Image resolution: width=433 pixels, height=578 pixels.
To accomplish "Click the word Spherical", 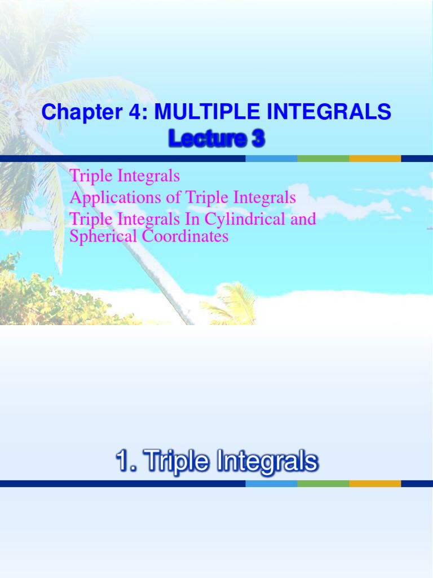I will pos(96,237).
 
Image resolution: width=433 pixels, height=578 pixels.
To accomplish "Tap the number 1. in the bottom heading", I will pos(125,462).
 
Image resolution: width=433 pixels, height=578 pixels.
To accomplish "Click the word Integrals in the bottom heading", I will pos(266,462).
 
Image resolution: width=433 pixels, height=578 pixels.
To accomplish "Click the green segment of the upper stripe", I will pos(323,159).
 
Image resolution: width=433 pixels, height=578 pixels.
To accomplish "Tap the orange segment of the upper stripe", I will pos(375,159).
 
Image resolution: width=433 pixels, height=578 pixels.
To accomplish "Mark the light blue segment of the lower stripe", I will pos(271,484).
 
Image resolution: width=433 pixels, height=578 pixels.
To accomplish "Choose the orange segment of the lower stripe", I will pos(375,484).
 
